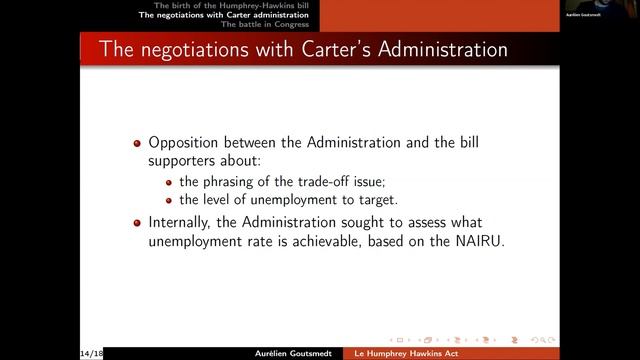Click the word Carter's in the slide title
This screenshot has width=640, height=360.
[300, 48]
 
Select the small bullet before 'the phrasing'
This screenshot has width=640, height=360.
[170, 181]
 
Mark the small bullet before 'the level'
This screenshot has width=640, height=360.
[170, 200]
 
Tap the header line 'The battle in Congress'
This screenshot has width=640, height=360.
[267, 24]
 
